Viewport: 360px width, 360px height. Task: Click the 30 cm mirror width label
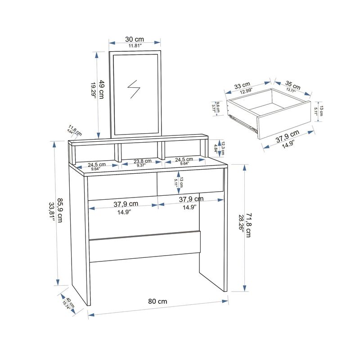135,39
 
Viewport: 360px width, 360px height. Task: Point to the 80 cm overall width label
157,301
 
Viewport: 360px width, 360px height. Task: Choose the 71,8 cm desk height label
247,221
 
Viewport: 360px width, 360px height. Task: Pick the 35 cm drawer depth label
293,85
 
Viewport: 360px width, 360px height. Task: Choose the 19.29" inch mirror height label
94,91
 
